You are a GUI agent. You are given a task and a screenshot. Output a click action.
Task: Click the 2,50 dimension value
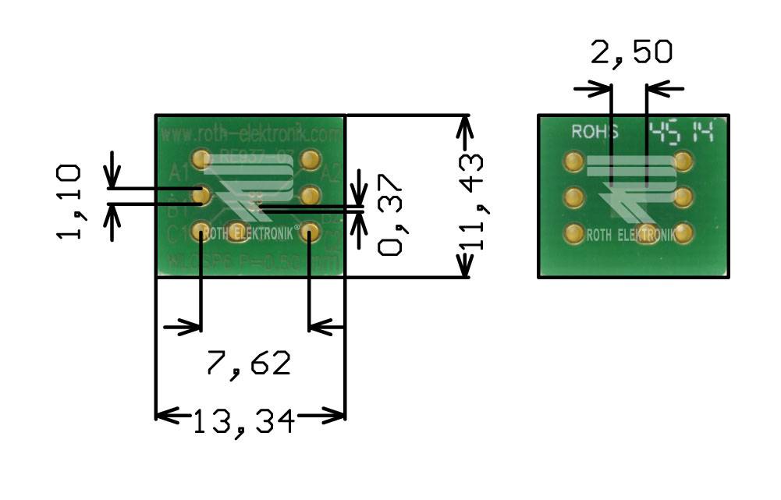(x=631, y=52)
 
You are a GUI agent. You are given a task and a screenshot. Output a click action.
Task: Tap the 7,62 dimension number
(x=248, y=363)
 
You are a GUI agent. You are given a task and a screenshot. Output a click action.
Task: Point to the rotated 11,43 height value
(x=470, y=201)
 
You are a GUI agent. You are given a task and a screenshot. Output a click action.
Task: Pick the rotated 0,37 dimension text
(x=389, y=215)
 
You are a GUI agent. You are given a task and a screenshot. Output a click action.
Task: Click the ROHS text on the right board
(x=595, y=132)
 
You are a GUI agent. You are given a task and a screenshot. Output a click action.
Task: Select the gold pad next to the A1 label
(x=201, y=160)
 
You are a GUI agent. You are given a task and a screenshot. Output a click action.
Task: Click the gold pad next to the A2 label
(x=310, y=161)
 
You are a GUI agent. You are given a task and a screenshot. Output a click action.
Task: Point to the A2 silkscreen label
(x=331, y=173)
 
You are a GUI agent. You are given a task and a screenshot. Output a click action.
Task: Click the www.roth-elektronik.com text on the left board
(x=250, y=135)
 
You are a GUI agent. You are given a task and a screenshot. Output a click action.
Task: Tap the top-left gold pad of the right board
(x=573, y=162)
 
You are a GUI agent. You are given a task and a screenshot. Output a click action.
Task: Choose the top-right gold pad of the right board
(x=684, y=162)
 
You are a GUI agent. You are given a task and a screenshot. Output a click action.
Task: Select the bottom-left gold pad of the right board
(x=573, y=232)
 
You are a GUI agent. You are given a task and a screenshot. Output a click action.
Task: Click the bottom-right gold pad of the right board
(x=684, y=232)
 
